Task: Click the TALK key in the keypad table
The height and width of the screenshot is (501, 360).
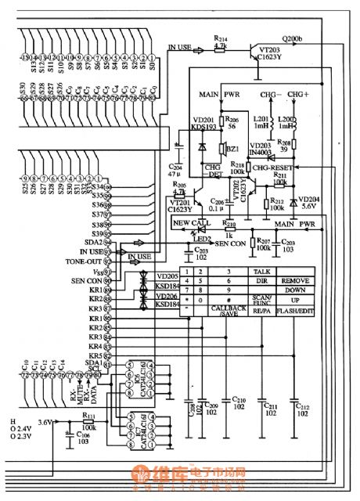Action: tap(261, 269)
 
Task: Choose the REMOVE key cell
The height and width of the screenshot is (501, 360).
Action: tap(295, 279)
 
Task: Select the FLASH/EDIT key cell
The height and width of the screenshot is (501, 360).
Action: tap(295, 310)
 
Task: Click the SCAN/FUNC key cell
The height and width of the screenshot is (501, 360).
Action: tap(261, 299)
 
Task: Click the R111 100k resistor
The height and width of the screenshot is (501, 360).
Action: tap(88, 422)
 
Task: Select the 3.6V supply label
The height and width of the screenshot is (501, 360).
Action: tap(45, 422)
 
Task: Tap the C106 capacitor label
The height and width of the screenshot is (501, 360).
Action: tap(81, 438)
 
